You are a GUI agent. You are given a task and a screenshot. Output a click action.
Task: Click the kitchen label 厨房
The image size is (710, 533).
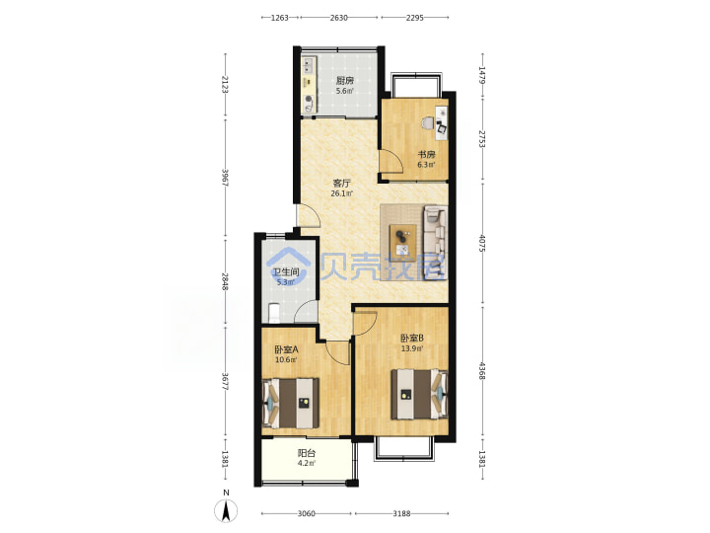(344, 81)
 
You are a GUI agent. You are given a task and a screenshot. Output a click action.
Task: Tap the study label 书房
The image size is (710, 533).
(426, 155)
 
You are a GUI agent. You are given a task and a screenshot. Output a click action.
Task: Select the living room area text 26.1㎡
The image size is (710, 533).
(342, 193)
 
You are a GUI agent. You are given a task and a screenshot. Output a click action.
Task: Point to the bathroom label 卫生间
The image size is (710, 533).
(285, 272)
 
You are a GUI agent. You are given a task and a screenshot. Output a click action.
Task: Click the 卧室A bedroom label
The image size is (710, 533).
(286, 349)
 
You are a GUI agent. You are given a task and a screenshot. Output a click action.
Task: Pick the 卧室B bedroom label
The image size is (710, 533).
(412, 339)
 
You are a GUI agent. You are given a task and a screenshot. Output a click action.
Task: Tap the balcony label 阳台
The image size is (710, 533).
(307, 453)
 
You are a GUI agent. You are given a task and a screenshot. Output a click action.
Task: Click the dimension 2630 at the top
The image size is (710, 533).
(338, 18)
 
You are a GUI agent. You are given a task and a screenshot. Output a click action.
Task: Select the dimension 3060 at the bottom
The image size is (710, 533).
(307, 513)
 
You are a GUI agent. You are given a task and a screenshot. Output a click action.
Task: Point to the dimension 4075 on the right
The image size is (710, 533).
(482, 244)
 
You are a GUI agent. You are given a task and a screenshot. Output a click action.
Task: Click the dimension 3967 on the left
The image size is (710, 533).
(225, 178)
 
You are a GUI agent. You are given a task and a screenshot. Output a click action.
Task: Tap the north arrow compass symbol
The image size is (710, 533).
(227, 511)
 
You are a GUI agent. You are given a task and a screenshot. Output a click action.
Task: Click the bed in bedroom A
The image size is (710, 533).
(291, 403)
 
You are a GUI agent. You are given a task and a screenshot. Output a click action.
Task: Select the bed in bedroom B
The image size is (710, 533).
(419, 394)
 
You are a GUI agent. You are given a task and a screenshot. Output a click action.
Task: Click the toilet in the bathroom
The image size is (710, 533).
(273, 313)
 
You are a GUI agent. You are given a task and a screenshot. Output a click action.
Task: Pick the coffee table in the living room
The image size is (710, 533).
(403, 241)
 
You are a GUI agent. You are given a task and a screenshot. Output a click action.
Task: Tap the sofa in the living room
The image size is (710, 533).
(435, 242)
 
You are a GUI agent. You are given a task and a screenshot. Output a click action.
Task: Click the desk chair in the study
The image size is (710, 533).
(427, 123)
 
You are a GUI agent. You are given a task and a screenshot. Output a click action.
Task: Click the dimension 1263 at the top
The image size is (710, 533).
(280, 18)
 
